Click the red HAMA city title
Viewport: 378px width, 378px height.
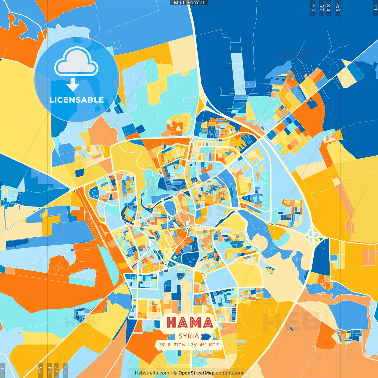pos(190,322)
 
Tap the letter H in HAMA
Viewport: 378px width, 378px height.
pos(172,322)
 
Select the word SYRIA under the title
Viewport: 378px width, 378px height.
pos(189,336)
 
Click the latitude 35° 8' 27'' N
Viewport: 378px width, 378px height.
pos(172,345)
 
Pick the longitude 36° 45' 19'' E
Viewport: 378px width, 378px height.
pos(205,345)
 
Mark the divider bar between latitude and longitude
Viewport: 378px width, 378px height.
pos(188,345)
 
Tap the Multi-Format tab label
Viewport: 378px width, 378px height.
pos(189,3)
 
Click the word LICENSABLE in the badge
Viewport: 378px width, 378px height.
pos(77,100)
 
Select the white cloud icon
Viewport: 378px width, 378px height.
pos(76,62)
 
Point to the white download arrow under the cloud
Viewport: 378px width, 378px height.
pos(73,84)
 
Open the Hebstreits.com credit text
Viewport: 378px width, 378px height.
pos(152,373)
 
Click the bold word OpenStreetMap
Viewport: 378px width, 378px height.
pos(196,373)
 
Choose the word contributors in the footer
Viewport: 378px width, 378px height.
pos(229,373)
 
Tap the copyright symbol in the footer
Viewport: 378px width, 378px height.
pos(175,373)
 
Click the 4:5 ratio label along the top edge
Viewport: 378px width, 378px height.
pos(338,8)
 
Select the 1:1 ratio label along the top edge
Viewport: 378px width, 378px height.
pos(375,8)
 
